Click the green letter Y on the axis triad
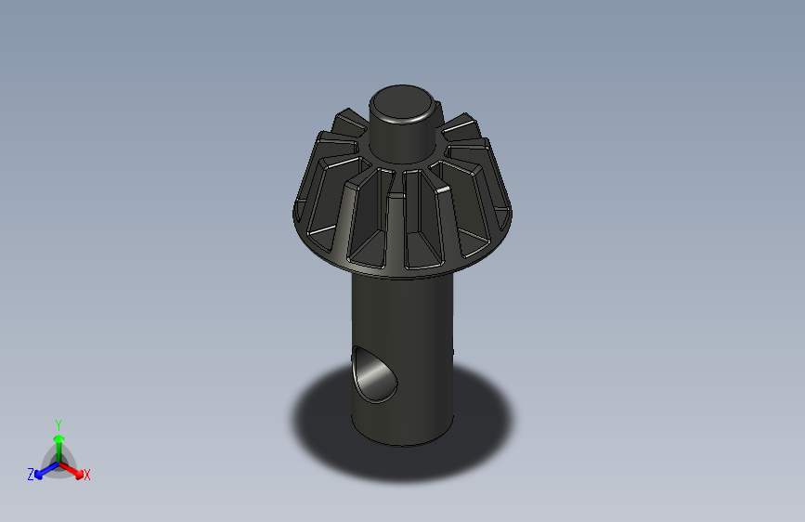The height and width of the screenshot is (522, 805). [x=58, y=423]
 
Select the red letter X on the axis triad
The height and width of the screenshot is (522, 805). [x=87, y=476]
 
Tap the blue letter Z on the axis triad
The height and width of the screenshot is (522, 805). [x=31, y=475]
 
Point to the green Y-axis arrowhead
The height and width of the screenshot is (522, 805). [x=58, y=437]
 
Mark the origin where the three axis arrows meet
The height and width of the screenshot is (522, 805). [x=58, y=461]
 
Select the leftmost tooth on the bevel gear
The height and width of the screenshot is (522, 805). [x=306, y=200]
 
